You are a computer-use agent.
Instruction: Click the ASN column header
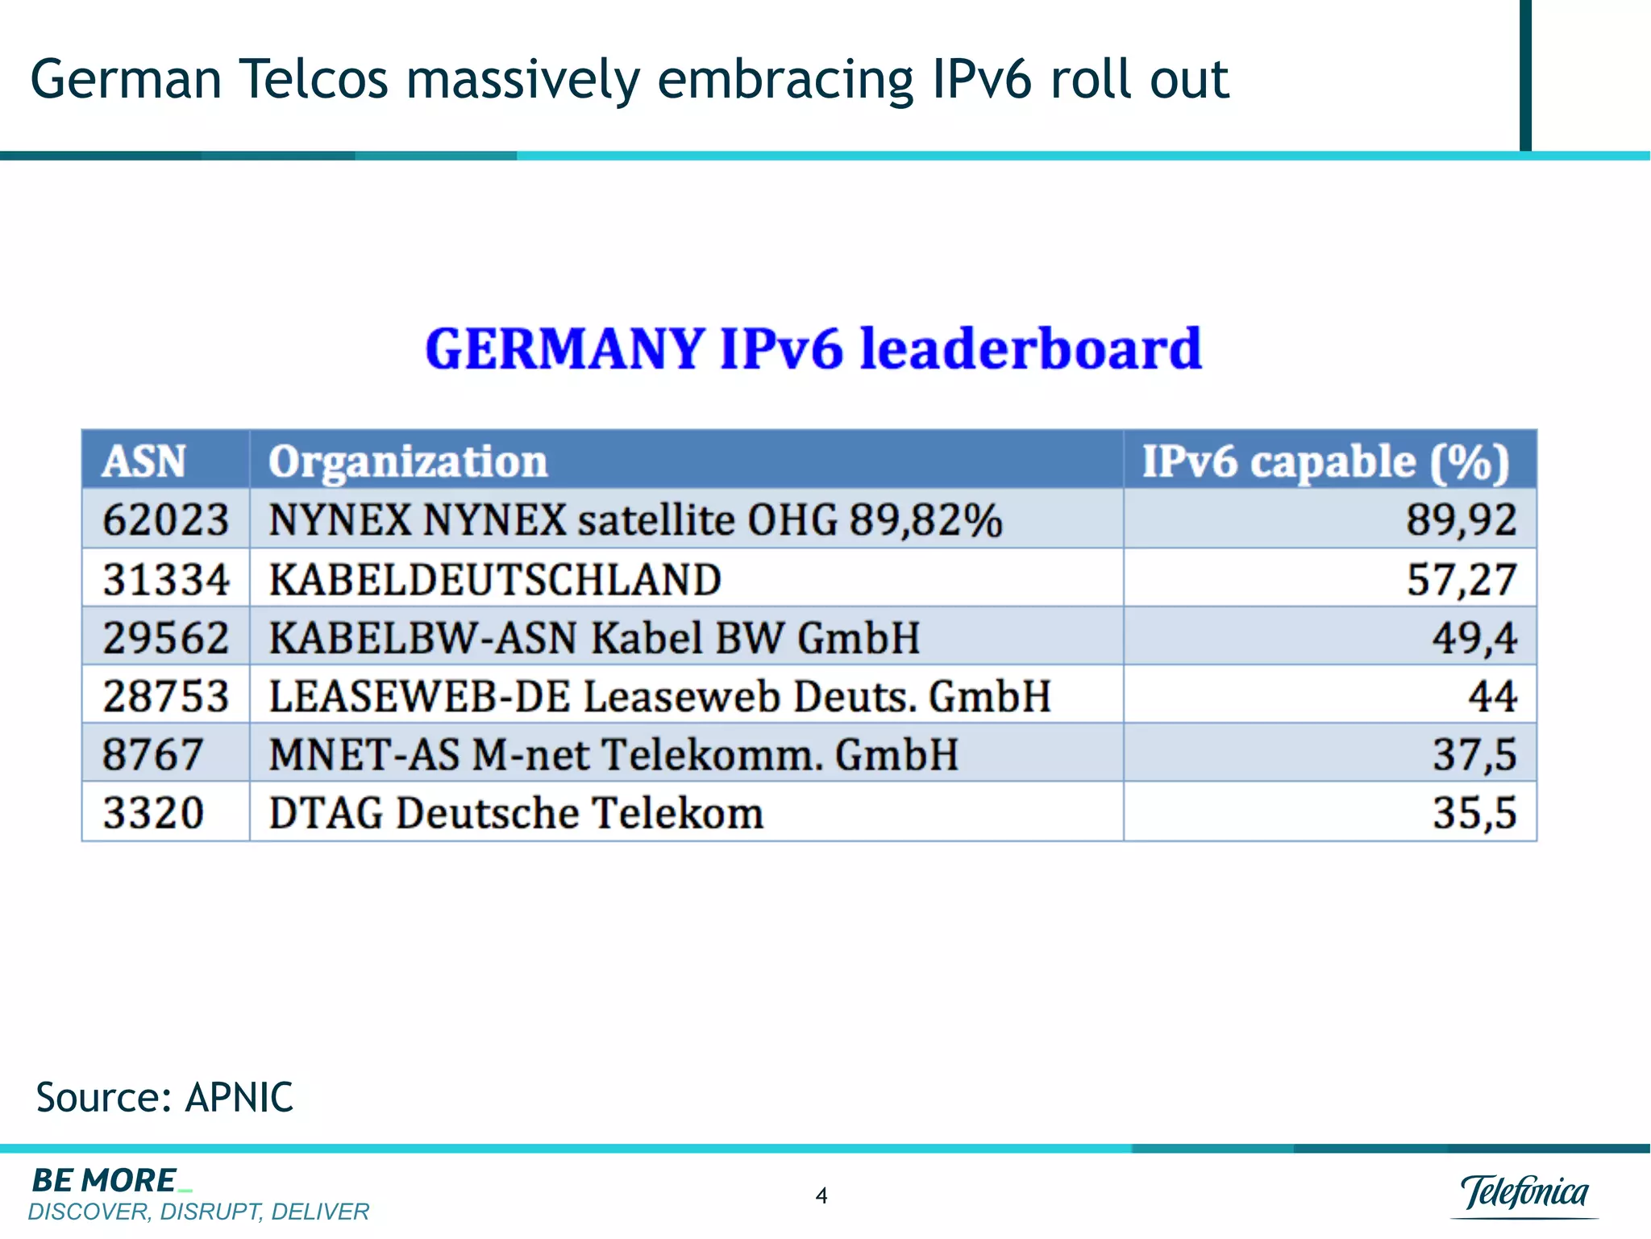pos(143,461)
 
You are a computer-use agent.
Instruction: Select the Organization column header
pos(408,461)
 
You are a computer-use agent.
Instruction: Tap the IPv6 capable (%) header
pos(1325,461)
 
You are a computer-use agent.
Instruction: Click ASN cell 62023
pos(165,519)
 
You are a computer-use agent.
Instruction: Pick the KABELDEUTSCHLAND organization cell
pos(495,579)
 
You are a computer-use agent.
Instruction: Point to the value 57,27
pos(1461,579)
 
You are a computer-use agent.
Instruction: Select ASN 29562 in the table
pos(165,637)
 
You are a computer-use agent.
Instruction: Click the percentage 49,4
pos(1474,637)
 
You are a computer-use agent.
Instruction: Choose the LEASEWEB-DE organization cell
pos(659,695)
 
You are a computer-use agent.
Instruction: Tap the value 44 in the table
pos(1491,695)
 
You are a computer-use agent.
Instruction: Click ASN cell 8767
pos(152,754)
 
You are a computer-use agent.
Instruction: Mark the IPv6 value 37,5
pos(1474,754)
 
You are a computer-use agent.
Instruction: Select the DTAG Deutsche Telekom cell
pos(516,812)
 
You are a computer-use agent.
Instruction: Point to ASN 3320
pos(152,812)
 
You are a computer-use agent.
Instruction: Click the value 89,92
pos(1461,519)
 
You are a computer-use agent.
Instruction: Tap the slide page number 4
pos(821,1195)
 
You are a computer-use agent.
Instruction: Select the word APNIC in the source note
pos(239,1098)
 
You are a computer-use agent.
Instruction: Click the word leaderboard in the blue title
pos(1030,348)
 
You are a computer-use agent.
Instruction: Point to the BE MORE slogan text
pos(105,1181)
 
